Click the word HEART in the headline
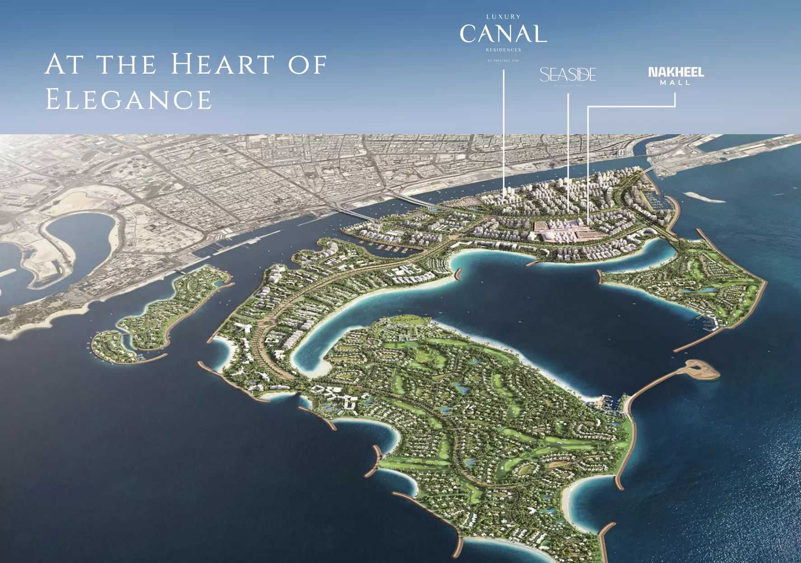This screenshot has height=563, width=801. (223, 64)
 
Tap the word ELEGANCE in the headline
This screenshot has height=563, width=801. (129, 100)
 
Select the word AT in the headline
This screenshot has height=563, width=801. (64, 64)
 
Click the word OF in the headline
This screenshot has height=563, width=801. (307, 65)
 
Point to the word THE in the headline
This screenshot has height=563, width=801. (127, 65)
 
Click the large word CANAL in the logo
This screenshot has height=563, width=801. (503, 34)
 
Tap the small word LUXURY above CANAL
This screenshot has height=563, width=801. (504, 17)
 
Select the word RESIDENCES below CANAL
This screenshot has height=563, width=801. (504, 50)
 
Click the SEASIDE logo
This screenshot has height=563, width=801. (568, 75)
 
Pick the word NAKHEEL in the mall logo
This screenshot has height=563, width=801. (676, 72)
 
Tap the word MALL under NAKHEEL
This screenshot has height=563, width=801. (675, 83)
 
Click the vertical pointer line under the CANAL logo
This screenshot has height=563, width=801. (504, 131)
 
